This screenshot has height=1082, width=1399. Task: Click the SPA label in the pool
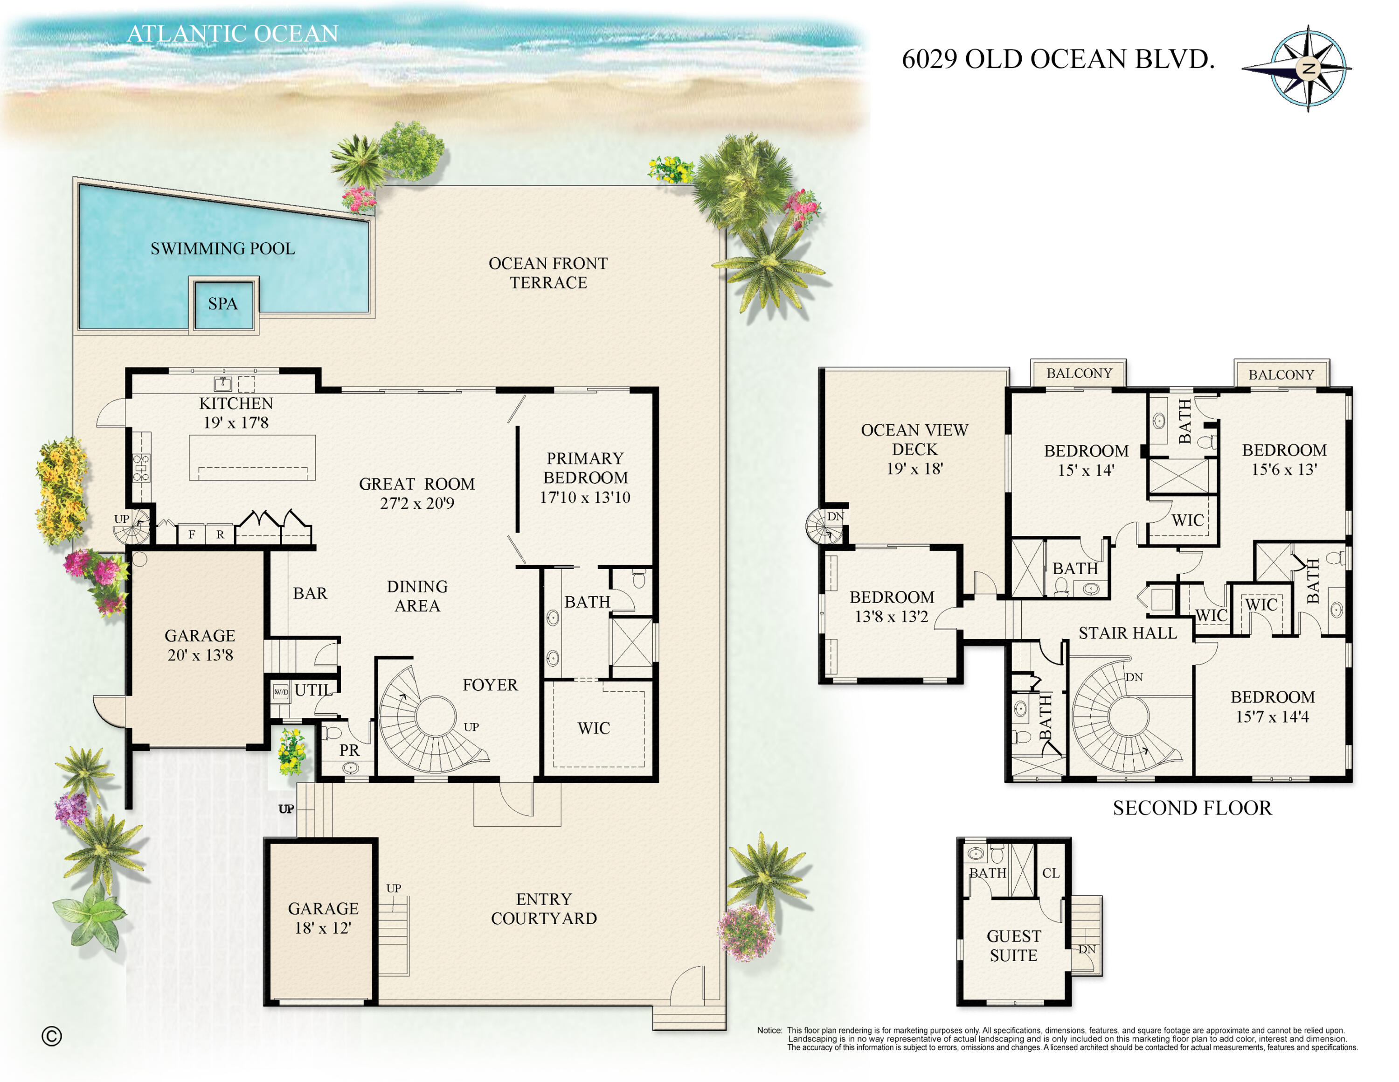click(x=222, y=304)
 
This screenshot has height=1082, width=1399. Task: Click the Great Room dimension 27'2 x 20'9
click(x=416, y=503)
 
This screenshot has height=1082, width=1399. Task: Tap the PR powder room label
click(x=349, y=750)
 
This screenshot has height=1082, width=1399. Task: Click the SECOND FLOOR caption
click(x=1191, y=808)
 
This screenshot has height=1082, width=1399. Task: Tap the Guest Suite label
click(x=1013, y=946)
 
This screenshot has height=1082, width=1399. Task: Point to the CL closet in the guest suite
click(x=1051, y=873)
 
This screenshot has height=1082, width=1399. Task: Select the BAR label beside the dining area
click(x=310, y=594)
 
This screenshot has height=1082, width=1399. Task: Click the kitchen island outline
click(x=252, y=457)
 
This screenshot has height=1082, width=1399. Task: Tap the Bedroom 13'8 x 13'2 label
click(x=891, y=606)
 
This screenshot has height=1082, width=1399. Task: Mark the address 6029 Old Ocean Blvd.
click(x=1058, y=59)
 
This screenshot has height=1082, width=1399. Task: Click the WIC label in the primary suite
click(x=593, y=728)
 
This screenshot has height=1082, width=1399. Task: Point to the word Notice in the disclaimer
click(x=769, y=1030)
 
